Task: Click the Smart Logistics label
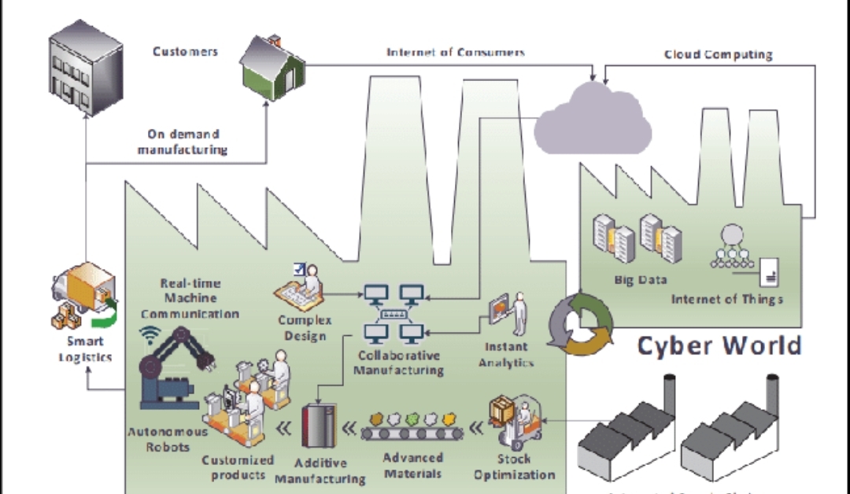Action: point(84,349)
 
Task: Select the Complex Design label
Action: point(305,328)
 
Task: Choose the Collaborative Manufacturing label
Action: point(398,363)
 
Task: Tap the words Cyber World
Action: point(719,345)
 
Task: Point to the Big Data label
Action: point(641,279)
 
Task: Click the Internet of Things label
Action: point(726,299)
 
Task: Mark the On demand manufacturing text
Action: point(183,142)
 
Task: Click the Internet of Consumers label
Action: point(456,52)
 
